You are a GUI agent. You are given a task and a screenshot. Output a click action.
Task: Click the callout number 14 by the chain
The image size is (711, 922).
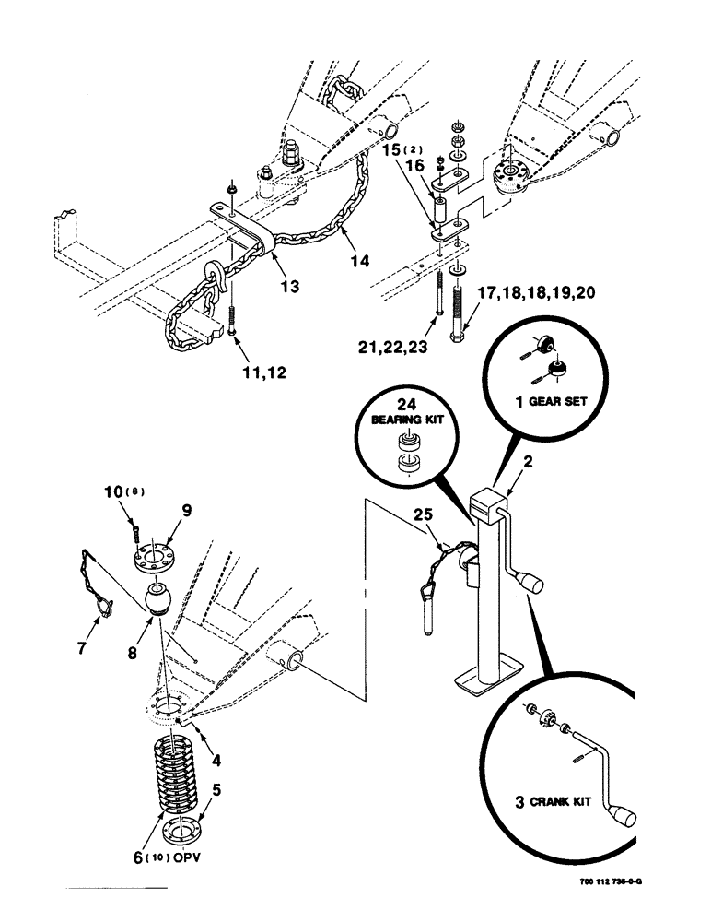[x=360, y=262]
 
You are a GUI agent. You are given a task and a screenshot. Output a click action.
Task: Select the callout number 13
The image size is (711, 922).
[x=290, y=287]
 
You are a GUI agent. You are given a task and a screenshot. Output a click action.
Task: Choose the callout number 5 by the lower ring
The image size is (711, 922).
[x=216, y=789]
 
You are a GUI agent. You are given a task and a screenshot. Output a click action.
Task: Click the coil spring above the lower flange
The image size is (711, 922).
[x=177, y=769]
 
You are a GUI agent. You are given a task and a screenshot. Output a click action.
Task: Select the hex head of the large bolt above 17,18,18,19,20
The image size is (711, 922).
[x=458, y=338]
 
